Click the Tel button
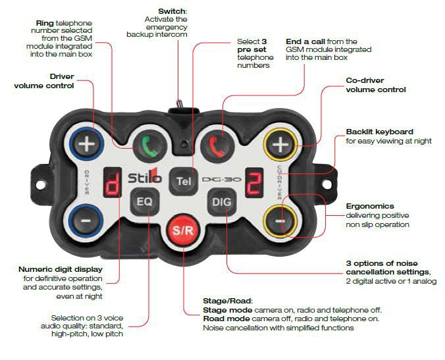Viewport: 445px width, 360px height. coord(184,180)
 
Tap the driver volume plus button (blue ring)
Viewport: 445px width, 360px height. coord(86,144)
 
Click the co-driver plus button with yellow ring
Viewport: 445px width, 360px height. coord(280,144)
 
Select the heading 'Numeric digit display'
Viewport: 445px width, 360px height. coord(60,269)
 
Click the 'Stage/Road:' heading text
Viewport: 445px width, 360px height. coord(227,301)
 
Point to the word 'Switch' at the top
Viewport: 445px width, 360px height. coord(172,11)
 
